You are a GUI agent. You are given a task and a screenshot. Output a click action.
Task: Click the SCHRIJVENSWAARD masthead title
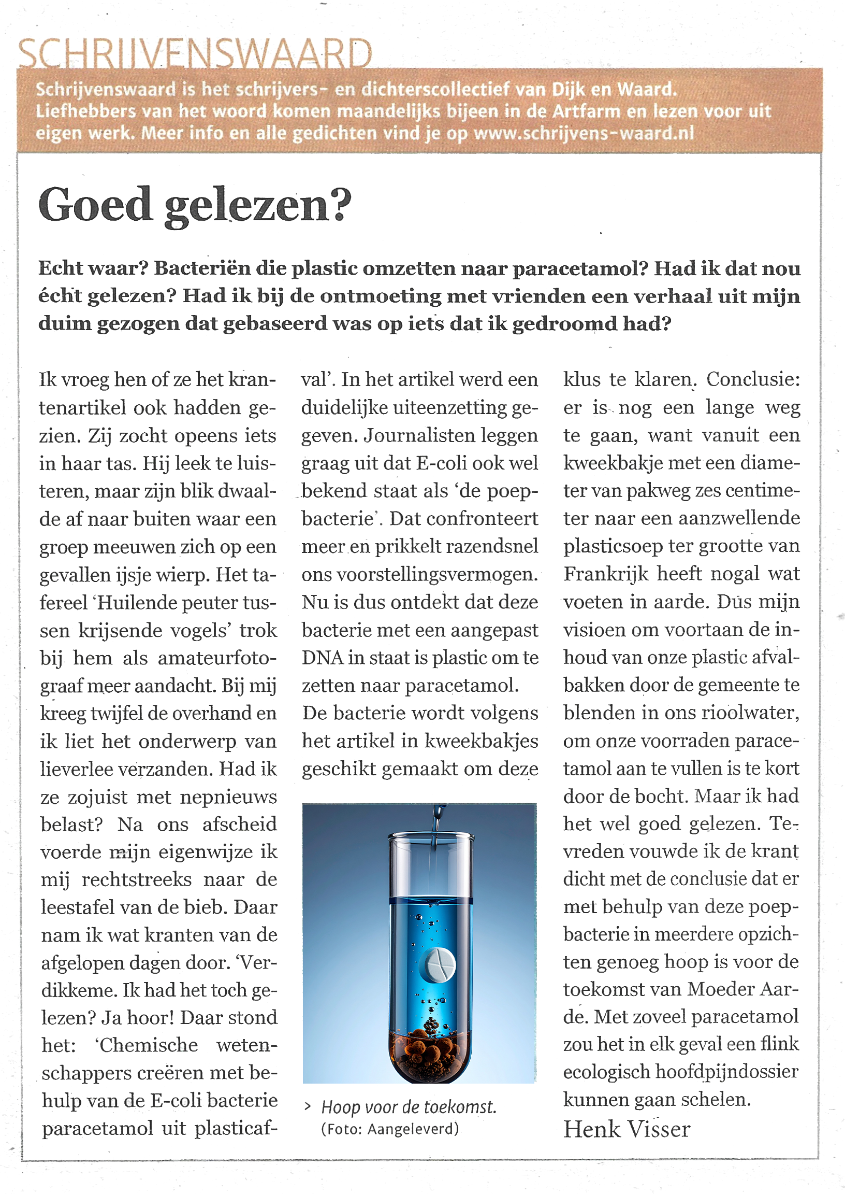tap(195, 53)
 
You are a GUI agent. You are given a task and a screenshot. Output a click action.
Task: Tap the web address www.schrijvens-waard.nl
tap(584, 133)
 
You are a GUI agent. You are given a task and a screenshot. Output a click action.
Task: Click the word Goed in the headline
tap(95, 205)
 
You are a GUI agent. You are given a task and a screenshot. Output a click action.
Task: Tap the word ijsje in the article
tap(130, 575)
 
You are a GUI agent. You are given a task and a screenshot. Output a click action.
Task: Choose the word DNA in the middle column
tap(322, 658)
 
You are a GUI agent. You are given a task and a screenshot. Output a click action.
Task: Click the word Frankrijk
tap(606, 574)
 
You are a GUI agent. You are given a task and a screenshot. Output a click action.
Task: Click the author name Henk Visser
tap(627, 1129)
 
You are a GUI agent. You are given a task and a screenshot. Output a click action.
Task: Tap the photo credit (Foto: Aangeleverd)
tap(390, 1129)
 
